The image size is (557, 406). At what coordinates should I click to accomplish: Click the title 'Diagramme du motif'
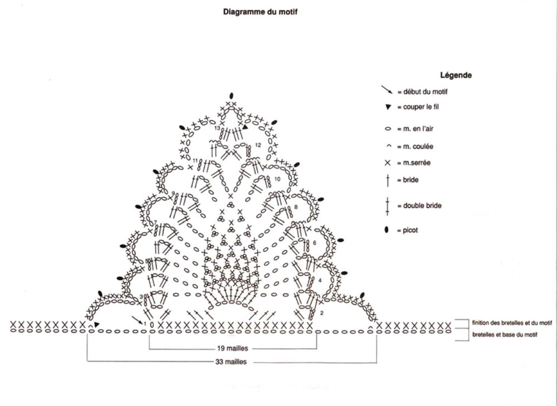[260, 12]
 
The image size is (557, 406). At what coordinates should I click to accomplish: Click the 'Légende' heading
[456, 75]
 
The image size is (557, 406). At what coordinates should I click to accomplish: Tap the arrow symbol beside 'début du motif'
[387, 89]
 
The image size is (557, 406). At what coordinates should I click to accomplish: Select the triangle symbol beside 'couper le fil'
[388, 107]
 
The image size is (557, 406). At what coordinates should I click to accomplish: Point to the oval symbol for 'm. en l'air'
[388, 129]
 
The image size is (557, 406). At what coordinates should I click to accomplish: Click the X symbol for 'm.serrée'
[388, 163]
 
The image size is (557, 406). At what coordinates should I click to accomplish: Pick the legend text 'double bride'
[422, 206]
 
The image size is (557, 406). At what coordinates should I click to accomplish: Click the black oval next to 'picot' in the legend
[387, 230]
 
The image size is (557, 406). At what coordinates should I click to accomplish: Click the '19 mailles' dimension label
[233, 349]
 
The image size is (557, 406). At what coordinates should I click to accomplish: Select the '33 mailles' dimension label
[231, 361]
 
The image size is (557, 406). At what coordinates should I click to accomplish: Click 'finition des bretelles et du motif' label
[512, 322]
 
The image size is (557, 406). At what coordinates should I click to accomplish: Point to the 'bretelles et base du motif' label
[505, 334]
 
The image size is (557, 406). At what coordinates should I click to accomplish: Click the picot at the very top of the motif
[231, 96]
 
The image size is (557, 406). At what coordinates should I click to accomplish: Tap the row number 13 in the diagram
[217, 128]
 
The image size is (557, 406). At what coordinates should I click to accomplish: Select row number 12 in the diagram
[258, 145]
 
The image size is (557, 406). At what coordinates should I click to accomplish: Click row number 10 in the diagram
[277, 179]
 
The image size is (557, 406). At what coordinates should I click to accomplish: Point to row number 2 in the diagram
[322, 314]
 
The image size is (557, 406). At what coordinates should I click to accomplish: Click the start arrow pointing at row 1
[137, 319]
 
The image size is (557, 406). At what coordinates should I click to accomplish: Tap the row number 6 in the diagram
[314, 243]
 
